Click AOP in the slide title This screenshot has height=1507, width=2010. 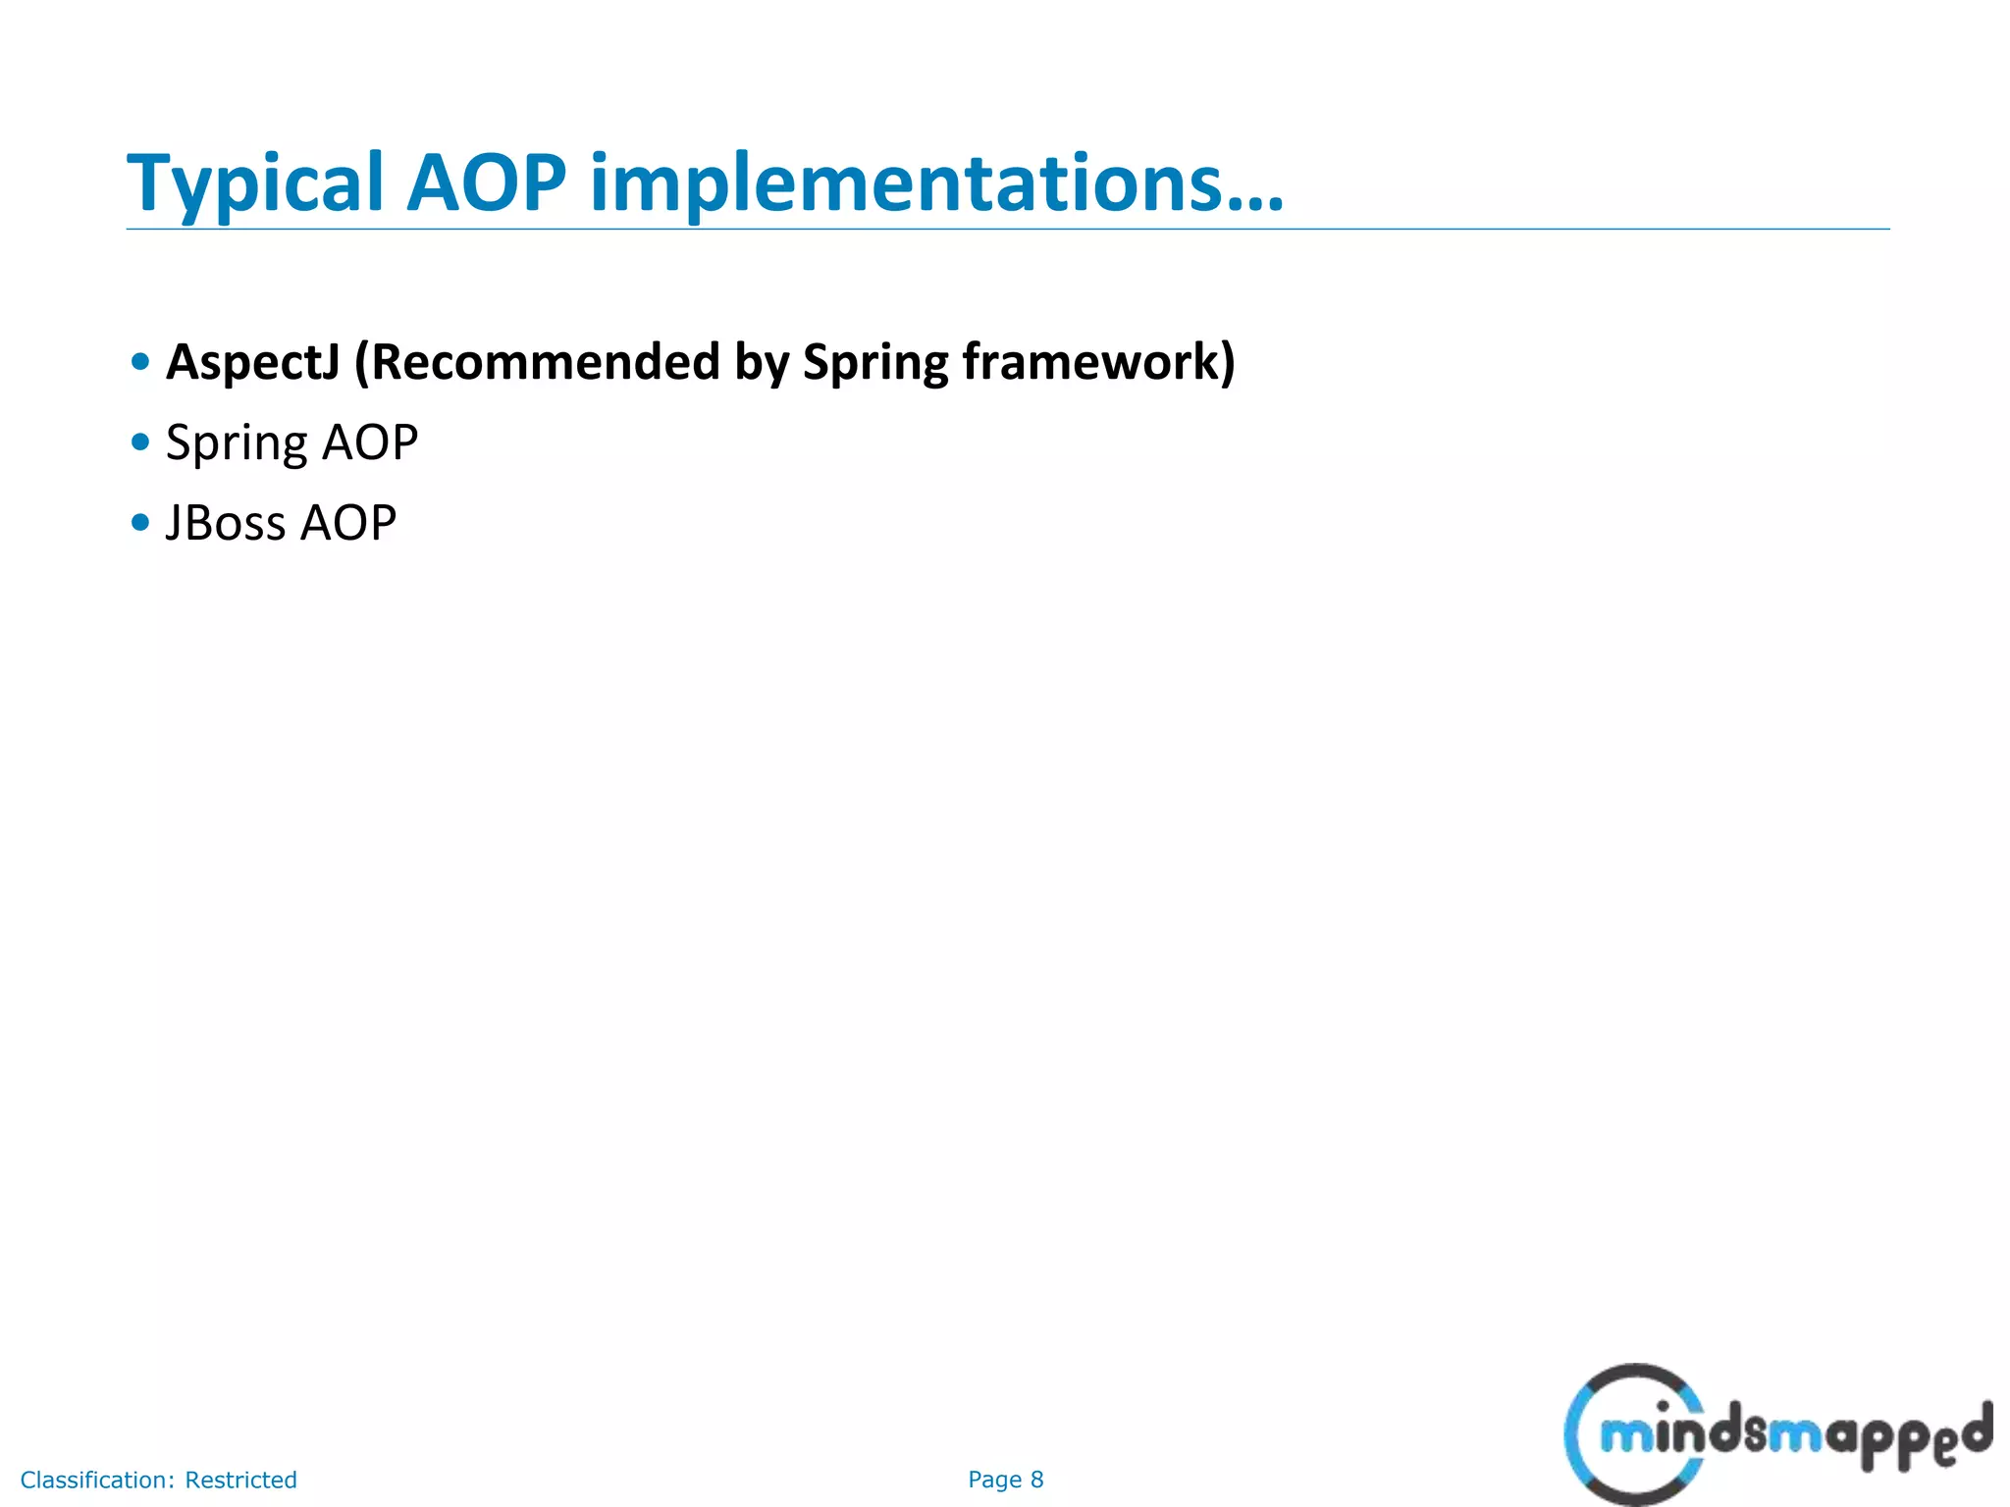(x=486, y=183)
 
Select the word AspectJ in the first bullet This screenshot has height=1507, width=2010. (x=252, y=362)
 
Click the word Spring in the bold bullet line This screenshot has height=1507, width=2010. (x=874, y=362)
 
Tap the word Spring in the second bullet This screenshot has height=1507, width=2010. (x=237, y=442)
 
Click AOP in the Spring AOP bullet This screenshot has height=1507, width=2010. (x=370, y=442)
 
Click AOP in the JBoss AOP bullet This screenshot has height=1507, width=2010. (x=348, y=523)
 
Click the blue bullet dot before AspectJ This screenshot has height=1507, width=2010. (x=140, y=362)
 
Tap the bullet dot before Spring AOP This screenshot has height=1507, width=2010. (x=140, y=442)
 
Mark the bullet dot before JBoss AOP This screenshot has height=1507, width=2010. (x=140, y=523)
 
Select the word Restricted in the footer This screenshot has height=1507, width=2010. (x=240, y=1480)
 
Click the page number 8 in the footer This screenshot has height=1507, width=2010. (x=1036, y=1480)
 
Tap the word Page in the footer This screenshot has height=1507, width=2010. (x=994, y=1480)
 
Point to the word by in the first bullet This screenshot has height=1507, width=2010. (x=762, y=362)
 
